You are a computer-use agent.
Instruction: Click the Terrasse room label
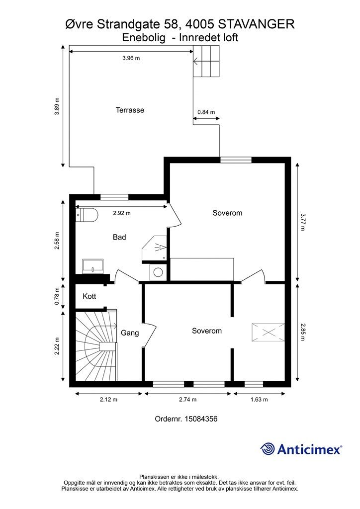(x=130, y=110)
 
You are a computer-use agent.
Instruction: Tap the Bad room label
(x=119, y=237)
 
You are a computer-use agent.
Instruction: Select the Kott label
(x=90, y=296)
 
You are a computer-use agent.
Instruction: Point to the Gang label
(x=130, y=333)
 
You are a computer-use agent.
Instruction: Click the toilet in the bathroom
(x=87, y=215)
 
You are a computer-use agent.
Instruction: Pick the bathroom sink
(x=92, y=266)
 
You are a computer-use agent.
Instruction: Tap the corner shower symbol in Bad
(x=155, y=248)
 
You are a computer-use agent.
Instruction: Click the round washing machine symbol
(x=158, y=272)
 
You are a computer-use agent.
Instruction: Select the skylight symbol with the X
(x=268, y=332)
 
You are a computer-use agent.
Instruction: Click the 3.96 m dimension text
(x=131, y=58)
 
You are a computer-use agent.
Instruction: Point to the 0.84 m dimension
(x=206, y=112)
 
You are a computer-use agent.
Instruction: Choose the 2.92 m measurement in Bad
(x=122, y=213)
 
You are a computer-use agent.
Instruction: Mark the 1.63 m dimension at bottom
(x=259, y=400)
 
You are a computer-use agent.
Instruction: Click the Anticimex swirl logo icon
(x=267, y=449)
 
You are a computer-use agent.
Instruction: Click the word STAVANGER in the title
(x=257, y=24)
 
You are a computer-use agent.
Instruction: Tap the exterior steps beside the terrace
(x=207, y=61)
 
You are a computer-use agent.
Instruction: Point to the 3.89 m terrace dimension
(x=57, y=106)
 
